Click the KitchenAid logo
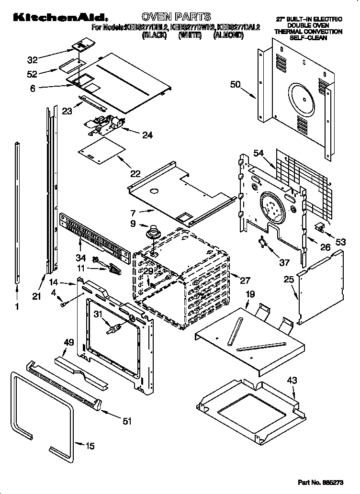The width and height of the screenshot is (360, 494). pos(47,18)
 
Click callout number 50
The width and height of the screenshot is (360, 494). pos(235,85)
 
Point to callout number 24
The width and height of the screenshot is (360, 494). pos(147,135)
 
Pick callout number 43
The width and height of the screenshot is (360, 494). pos(292,381)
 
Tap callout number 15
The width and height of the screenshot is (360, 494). pos(90,446)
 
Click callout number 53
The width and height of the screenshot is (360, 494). pos(340,243)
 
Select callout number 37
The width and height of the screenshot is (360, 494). pos(285,262)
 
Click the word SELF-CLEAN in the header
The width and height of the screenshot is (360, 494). pos(308,38)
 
